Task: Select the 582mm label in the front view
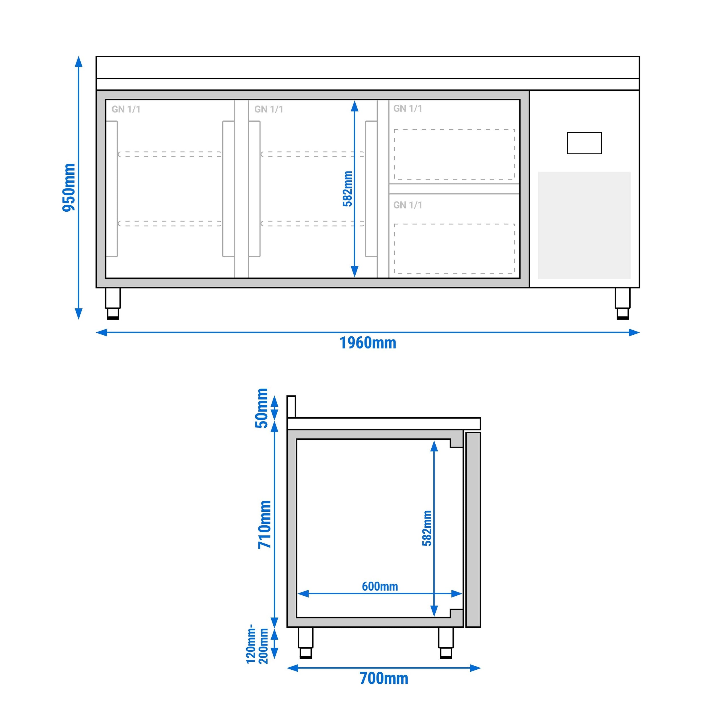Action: [x=347, y=189]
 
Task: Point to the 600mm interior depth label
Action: [x=380, y=587]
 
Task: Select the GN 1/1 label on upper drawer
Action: [x=408, y=108]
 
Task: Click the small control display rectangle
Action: [x=584, y=143]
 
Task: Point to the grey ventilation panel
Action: [x=584, y=225]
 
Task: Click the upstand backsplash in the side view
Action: [x=291, y=407]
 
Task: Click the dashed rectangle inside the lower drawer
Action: [x=454, y=249]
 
